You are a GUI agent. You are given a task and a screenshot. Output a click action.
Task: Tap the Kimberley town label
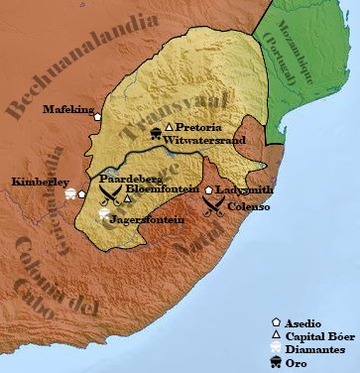[40, 183]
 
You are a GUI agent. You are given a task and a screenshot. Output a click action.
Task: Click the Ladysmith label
[245, 188]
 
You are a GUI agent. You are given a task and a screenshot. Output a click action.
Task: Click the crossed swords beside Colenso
[213, 205]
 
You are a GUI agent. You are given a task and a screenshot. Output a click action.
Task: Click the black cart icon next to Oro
[277, 363]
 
